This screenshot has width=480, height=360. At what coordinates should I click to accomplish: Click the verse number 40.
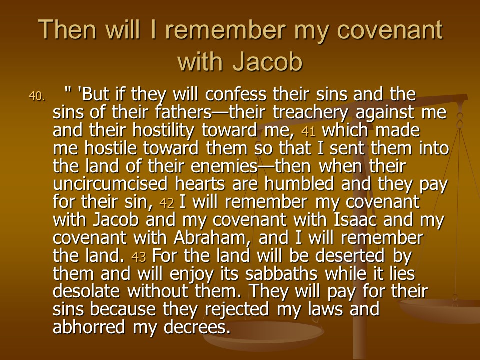[36, 96]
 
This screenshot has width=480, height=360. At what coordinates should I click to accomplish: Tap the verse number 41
[308, 131]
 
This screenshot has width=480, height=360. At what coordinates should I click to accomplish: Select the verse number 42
[167, 203]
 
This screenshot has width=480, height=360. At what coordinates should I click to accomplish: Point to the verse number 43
[138, 257]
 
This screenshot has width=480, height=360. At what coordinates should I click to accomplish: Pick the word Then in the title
[67, 29]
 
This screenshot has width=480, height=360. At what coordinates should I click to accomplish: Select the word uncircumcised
[110, 184]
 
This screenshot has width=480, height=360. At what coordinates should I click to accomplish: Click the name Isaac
[355, 220]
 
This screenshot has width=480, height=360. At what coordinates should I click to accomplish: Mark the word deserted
[349, 256]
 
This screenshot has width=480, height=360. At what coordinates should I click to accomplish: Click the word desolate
[86, 291]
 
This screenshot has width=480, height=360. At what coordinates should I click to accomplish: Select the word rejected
[237, 310]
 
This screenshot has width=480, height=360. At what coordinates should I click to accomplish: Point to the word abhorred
[89, 327]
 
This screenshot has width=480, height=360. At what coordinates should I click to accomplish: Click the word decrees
[197, 327]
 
